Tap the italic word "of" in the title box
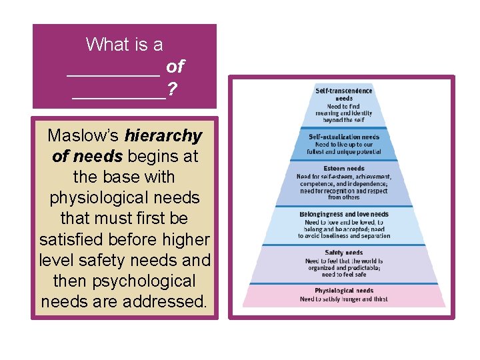[x=175, y=66]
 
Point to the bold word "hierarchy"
[x=163, y=136]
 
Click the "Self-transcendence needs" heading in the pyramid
[x=344, y=94]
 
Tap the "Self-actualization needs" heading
[x=344, y=137]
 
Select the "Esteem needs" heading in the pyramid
[x=344, y=169]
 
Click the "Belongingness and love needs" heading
[x=344, y=215]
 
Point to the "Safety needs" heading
[x=344, y=253]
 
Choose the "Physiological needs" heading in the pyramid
[x=344, y=291]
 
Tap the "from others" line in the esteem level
[x=344, y=197]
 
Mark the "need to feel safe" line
[x=344, y=274]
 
